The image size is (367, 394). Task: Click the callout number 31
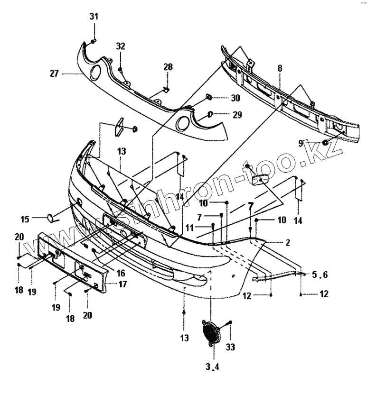pos(94,17)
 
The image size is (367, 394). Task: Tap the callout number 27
pos(54,73)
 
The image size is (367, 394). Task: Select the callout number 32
pos(121,46)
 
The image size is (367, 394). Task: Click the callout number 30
pos(235,99)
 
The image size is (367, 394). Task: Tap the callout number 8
pos(280,68)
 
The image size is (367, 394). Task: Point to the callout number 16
pos(120,273)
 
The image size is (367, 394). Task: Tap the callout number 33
pos(230,347)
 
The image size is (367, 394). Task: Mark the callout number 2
pos(288,242)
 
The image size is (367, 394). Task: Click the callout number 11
pos(189,228)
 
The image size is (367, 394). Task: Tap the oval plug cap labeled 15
pos(50,218)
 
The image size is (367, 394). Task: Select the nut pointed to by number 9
pos(326,142)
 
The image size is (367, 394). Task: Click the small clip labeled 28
pos(165,88)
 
